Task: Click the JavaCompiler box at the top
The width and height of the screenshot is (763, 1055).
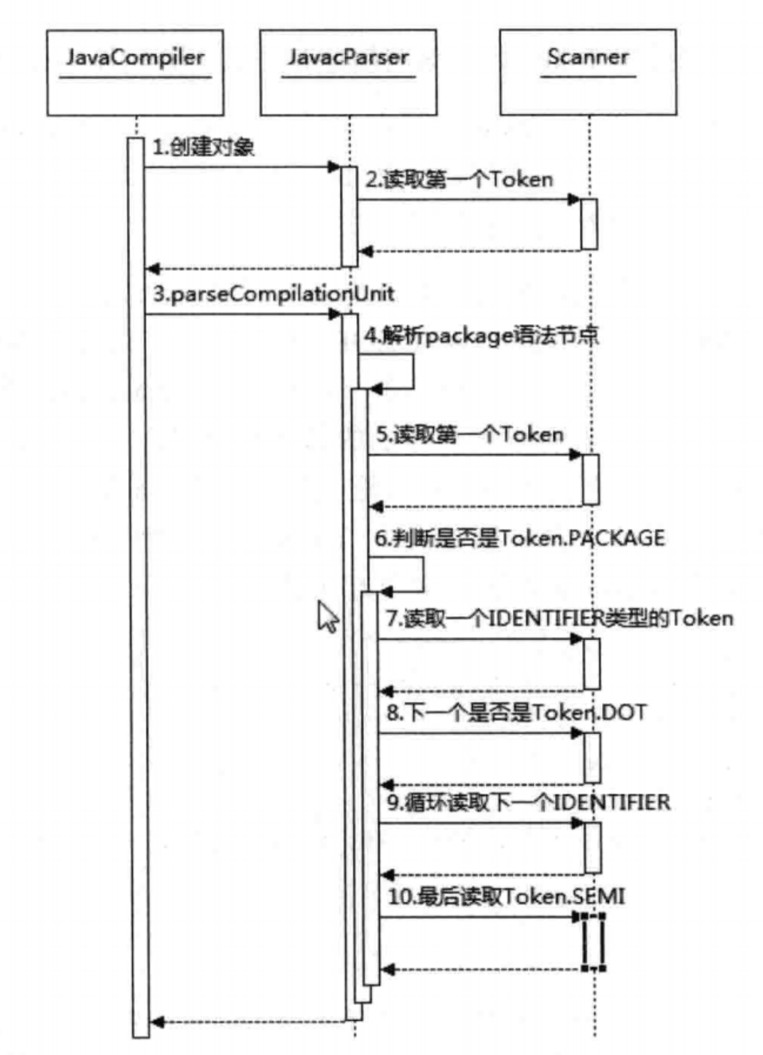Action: pyautogui.click(x=135, y=73)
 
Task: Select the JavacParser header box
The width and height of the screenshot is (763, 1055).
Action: pyautogui.click(x=348, y=73)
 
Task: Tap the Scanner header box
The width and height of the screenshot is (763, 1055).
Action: pyautogui.click(x=588, y=72)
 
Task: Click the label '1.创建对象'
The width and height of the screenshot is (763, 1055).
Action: pyautogui.click(x=203, y=147)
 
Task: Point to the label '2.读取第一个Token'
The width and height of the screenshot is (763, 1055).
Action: pyautogui.click(x=460, y=179)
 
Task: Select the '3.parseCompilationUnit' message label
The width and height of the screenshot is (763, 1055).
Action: pyautogui.click(x=273, y=294)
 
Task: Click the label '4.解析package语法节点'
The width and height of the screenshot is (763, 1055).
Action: pyautogui.click(x=482, y=335)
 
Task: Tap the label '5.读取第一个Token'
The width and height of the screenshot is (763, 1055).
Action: pyautogui.click(x=470, y=434)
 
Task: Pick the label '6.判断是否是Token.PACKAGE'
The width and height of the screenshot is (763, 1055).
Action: pyautogui.click(x=519, y=538)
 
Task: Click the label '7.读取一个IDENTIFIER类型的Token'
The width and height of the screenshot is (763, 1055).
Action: pyautogui.click(x=560, y=618)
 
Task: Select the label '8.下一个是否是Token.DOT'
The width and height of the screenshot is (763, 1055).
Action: pyautogui.click(x=516, y=712)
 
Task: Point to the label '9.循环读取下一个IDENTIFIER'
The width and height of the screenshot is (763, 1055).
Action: pyautogui.click(x=529, y=802)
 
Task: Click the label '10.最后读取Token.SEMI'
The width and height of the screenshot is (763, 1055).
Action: pyautogui.click(x=507, y=896)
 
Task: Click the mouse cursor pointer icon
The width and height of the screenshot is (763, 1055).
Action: pyautogui.click(x=327, y=616)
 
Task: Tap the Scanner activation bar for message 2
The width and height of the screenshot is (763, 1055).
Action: pyautogui.click(x=589, y=224)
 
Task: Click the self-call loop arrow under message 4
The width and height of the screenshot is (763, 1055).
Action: pyautogui.click(x=413, y=371)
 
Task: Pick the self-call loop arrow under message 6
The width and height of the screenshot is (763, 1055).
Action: pyautogui.click(x=423, y=575)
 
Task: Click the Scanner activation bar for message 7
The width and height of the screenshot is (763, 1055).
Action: pyautogui.click(x=592, y=664)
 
